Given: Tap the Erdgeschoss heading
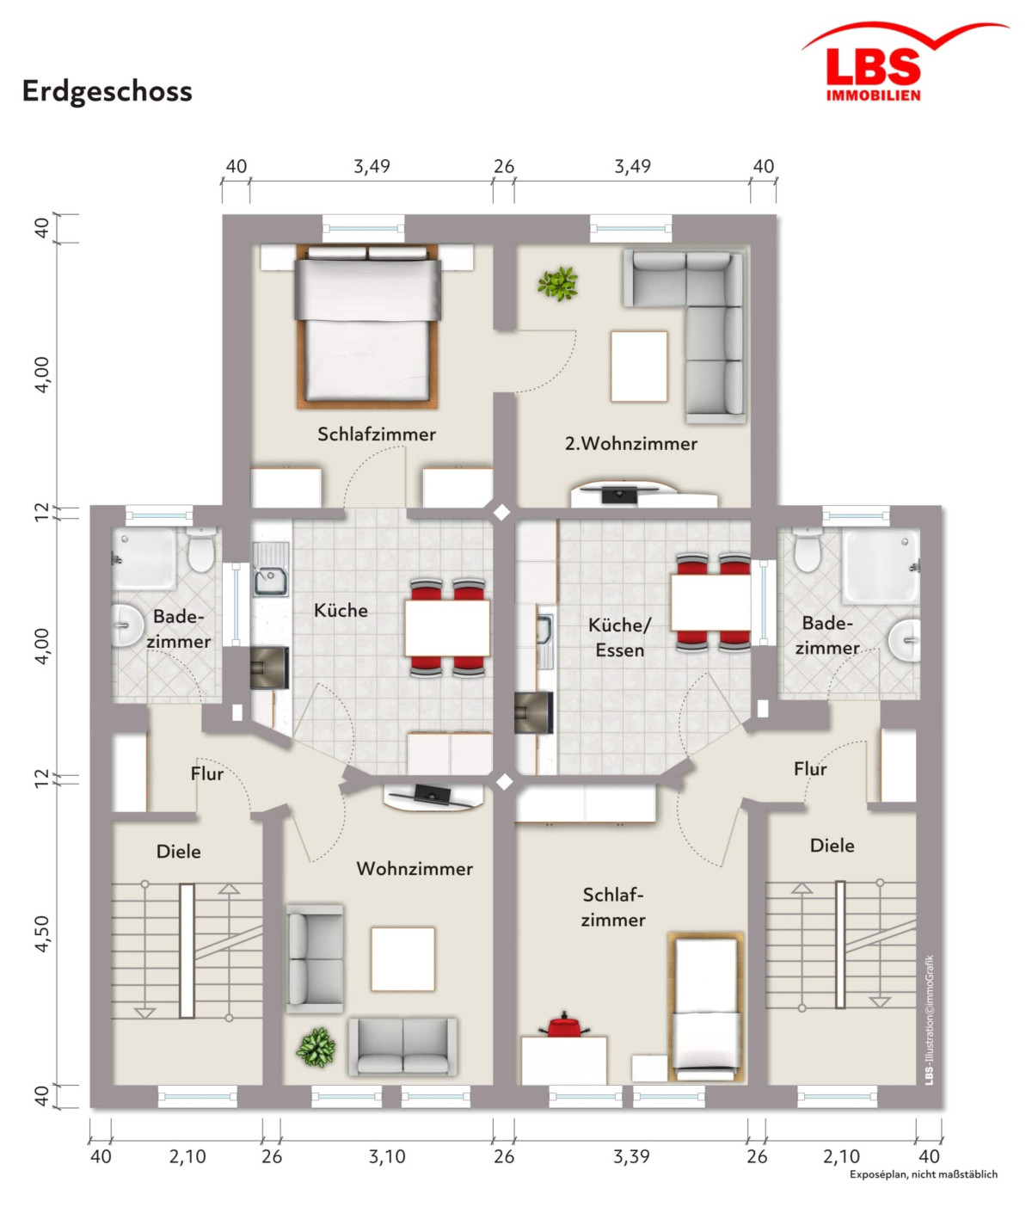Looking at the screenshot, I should [x=107, y=91].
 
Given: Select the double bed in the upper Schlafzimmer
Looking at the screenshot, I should [x=367, y=327].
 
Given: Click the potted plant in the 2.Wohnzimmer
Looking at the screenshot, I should [x=558, y=283].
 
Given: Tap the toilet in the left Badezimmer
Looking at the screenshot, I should [x=200, y=551].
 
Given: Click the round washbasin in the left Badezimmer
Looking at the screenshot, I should [x=127, y=625].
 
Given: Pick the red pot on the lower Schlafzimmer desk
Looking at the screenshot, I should [x=564, y=1025].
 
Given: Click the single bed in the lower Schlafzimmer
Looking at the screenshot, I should [x=705, y=1007].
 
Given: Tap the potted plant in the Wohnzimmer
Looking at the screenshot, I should [x=316, y=1047].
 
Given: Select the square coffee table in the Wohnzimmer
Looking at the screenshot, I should [x=402, y=958].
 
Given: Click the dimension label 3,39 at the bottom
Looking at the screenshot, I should [x=631, y=1157].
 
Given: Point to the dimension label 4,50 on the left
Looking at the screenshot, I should [x=41, y=933].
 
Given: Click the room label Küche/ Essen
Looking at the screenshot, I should [x=619, y=637].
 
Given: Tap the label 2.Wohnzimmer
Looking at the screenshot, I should [x=630, y=444].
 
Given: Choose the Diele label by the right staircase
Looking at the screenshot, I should [x=832, y=846].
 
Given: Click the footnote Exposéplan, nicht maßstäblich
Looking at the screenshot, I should [x=923, y=1174].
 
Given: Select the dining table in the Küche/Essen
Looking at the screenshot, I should [x=710, y=602].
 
